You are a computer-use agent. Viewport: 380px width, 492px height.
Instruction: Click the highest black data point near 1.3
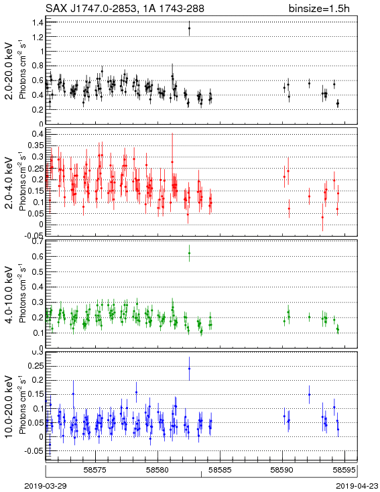pyautogui.click(x=189, y=28)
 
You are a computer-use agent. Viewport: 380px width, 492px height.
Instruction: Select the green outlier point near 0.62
pyautogui.click(x=189, y=253)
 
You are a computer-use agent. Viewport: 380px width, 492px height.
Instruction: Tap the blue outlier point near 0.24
pyautogui.click(x=189, y=369)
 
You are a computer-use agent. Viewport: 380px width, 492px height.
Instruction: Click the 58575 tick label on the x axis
pyautogui.click(x=95, y=470)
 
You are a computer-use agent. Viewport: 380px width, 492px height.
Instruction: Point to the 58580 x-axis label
pyautogui.click(x=158, y=470)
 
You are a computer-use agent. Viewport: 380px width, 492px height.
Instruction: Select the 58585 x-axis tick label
pyautogui.click(x=220, y=470)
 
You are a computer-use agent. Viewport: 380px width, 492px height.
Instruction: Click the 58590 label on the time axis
pyautogui.click(x=282, y=470)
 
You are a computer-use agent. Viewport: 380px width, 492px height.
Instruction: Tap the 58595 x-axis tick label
pyautogui.click(x=344, y=470)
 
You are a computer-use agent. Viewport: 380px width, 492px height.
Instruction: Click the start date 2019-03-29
pyautogui.click(x=46, y=486)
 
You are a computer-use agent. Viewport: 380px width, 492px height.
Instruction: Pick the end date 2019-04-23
pyautogui.click(x=357, y=486)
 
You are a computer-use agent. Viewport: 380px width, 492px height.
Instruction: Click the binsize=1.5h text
pyautogui.click(x=319, y=9)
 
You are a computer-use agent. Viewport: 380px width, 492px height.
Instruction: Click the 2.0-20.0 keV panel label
pyautogui.click(x=10, y=71)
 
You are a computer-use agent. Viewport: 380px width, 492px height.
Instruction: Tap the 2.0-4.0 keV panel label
pyautogui.click(x=10, y=183)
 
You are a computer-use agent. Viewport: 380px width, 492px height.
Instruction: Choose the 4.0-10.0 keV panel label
pyautogui.click(x=10, y=295)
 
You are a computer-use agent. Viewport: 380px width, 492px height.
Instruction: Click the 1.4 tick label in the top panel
pyautogui.click(x=38, y=22)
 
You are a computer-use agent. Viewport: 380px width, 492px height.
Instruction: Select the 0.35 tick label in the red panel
pyautogui.click(x=36, y=145)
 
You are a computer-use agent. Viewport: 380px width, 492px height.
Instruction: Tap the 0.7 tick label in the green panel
pyautogui.click(x=38, y=241)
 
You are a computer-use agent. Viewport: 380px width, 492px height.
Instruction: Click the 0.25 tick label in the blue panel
pyautogui.click(x=36, y=366)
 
